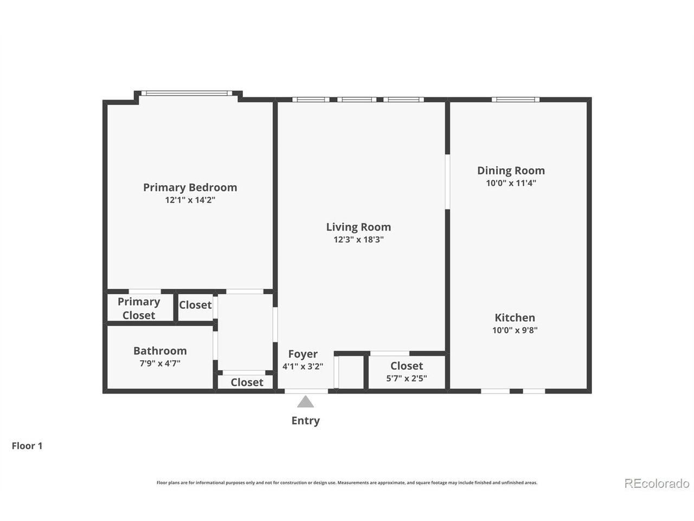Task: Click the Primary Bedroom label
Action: (190, 187)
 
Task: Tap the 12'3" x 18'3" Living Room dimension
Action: (358, 239)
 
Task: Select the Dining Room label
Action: (511, 170)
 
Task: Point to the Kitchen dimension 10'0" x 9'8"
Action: (515, 330)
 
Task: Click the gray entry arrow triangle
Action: (305, 402)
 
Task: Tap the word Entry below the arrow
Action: (305, 421)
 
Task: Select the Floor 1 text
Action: (27, 446)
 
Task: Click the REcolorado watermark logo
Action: (657, 483)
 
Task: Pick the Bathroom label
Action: (160, 351)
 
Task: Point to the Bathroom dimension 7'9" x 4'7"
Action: (160, 364)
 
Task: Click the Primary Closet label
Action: (139, 308)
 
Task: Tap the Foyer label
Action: (303, 354)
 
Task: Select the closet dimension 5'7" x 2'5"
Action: (406, 378)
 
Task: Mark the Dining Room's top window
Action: (515, 99)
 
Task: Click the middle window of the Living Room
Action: (357, 99)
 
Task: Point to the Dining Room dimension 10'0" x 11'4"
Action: (511, 183)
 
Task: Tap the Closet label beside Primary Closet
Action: (195, 305)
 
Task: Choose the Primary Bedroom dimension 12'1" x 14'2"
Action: (190, 200)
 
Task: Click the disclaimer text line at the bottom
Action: (347, 482)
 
